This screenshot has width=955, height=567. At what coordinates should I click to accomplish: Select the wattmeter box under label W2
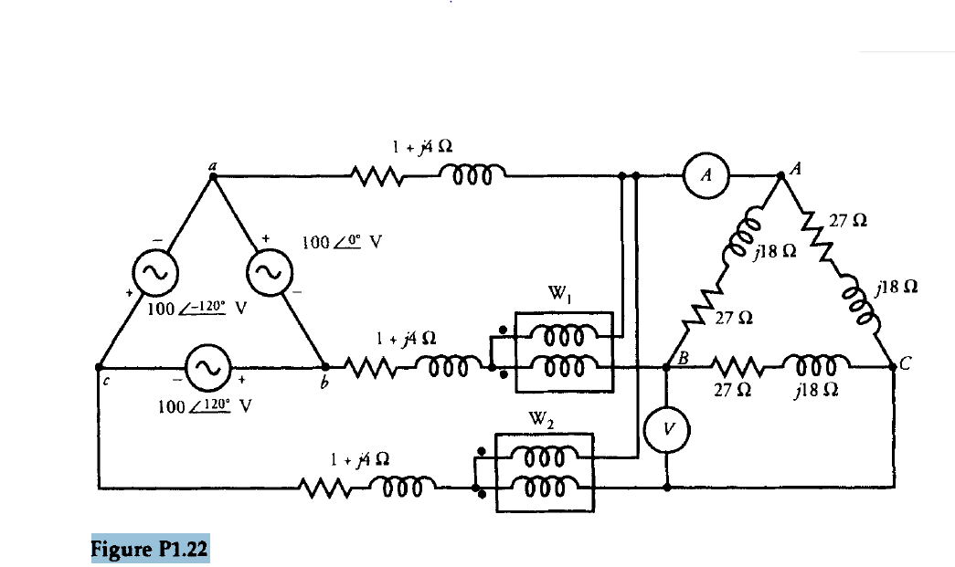click(545, 473)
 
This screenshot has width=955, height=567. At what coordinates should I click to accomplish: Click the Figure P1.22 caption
click(150, 550)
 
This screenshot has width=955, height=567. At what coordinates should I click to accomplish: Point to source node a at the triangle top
click(212, 175)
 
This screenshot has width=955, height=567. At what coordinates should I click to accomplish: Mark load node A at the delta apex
click(780, 175)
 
